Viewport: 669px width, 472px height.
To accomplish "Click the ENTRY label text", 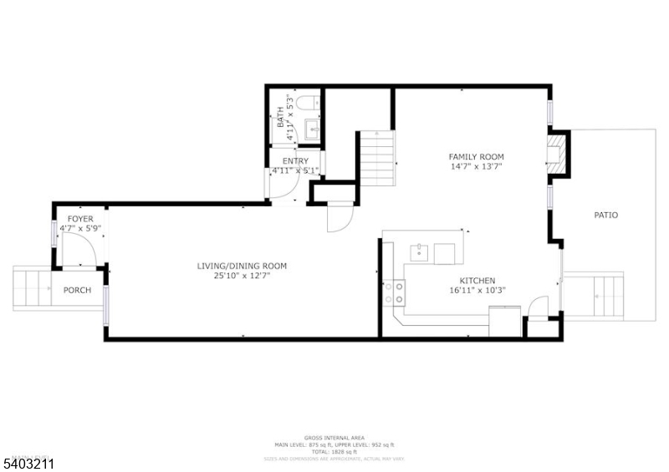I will coord(295,161).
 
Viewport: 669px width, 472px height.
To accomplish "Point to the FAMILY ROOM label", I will coord(476,156).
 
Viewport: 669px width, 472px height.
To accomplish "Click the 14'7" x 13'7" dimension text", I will coord(476,167).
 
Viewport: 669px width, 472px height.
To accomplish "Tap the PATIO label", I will coord(605,215).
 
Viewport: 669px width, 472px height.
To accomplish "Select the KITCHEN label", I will coord(477,281).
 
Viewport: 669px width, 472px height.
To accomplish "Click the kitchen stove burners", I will coord(394,292).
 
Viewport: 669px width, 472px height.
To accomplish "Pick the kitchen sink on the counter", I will coord(420,251).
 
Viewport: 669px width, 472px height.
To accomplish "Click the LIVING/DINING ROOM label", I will coord(242,266).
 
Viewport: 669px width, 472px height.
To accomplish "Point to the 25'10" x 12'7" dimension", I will coord(242,277).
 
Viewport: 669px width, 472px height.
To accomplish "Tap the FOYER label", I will coord(80,219).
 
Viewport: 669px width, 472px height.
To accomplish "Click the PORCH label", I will coord(77,291).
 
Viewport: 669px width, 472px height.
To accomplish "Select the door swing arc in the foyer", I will coord(79,251).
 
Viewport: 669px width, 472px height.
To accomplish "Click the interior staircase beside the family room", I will coord(376,159).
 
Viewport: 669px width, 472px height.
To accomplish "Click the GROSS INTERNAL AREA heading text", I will coord(334,438).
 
